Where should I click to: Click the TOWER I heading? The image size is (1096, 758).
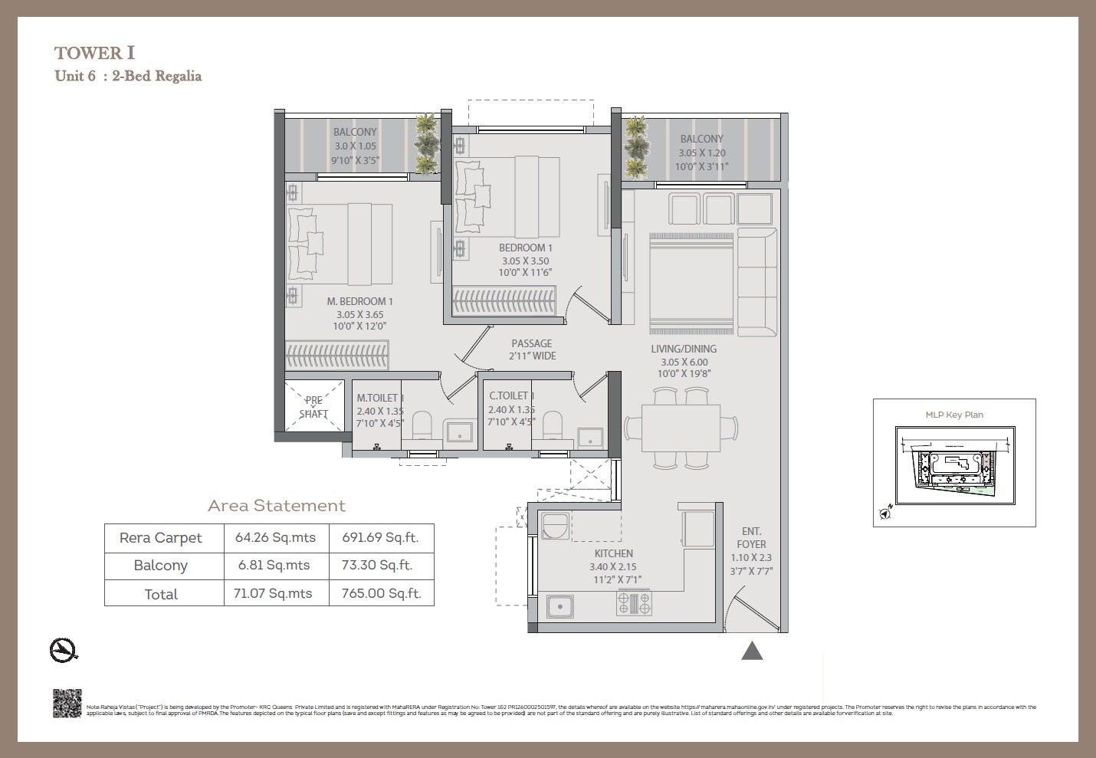[95, 53]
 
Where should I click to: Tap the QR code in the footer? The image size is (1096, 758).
[67, 704]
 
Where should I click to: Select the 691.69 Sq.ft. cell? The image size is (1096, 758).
[381, 537]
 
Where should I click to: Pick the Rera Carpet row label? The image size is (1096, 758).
[161, 537]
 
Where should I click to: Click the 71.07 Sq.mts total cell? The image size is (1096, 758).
[274, 593]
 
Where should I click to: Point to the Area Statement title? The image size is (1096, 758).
[277, 506]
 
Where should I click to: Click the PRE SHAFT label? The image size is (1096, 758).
[313, 407]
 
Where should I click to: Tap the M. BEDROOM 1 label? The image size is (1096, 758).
[359, 301]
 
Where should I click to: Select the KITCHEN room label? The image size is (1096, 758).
[614, 553]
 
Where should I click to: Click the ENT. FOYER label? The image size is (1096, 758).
[751, 537]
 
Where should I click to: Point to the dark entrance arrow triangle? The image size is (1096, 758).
[752, 651]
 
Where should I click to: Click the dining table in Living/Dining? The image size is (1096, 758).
[681, 428]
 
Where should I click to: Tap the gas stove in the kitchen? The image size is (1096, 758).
[634, 604]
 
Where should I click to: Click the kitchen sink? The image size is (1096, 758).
[561, 607]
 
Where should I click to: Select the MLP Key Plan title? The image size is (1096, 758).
[954, 415]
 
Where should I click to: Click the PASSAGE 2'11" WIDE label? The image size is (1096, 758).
[532, 349]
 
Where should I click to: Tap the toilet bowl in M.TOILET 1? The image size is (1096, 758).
[422, 426]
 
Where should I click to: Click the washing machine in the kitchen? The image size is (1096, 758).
[555, 527]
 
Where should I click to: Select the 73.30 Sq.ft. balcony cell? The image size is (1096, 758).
[381, 565]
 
